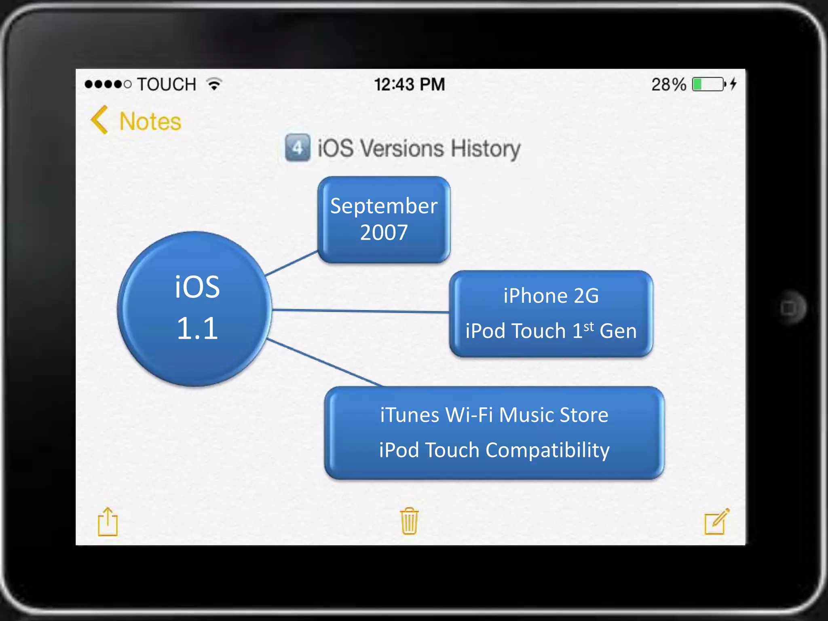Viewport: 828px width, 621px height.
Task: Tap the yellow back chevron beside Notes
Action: tap(99, 120)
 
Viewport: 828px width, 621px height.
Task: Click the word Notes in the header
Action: tap(150, 121)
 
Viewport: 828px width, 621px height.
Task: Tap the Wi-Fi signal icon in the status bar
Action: tap(214, 84)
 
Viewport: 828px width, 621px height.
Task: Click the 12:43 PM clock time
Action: tap(409, 84)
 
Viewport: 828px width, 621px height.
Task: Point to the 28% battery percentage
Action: tap(668, 84)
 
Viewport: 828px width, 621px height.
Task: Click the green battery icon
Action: tap(708, 84)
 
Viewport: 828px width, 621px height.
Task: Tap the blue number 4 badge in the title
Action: tap(298, 148)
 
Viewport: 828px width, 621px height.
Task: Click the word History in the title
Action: tap(486, 148)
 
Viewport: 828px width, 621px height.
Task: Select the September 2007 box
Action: tap(384, 220)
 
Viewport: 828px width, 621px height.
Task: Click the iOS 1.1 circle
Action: tap(195, 309)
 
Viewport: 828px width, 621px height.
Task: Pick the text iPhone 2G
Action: tap(551, 296)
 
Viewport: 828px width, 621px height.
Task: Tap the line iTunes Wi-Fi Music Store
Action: tap(494, 415)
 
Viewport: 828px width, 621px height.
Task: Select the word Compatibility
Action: tap(547, 450)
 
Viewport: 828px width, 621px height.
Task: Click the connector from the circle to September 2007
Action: tap(291, 264)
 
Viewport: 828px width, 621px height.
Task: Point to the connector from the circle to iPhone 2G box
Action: tap(360, 311)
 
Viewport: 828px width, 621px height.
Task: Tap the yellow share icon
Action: tap(108, 522)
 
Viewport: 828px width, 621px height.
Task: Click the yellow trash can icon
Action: tap(409, 521)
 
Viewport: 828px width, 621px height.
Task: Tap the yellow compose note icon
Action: tap(716, 522)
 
